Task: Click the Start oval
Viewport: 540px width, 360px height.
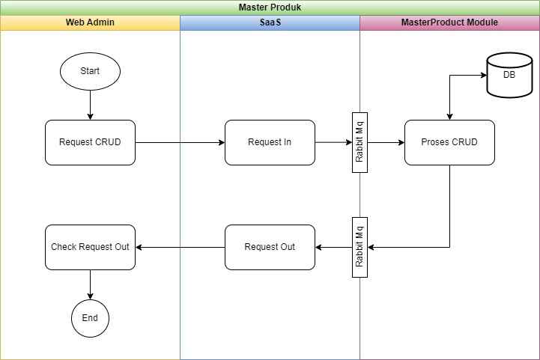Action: [x=90, y=71]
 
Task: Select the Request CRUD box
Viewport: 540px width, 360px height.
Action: [x=90, y=142]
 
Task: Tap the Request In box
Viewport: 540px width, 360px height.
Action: [x=270, y=142]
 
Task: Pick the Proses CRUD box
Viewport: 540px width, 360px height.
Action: [x=450, y=142]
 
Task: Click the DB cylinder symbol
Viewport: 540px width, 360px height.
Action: [x=510, y=75]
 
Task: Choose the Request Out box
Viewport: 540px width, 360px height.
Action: [x=270, y=247]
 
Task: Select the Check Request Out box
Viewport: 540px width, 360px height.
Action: [x=90, y=247]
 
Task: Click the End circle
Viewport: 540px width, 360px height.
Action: [x=90, y=318]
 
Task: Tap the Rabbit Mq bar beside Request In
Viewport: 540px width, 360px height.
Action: [x=360, y=142]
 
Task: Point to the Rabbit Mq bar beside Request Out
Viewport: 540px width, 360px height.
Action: [x=360, y=247]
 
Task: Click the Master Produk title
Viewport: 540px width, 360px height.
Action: [x=270, y=7]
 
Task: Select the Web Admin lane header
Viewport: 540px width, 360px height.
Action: [x=90, y=22]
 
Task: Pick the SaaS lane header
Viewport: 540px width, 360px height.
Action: [x=270, y=22]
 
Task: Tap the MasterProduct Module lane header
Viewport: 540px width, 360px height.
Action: [x=450, y=22]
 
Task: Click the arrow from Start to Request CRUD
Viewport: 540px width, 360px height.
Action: [x=90, y=105]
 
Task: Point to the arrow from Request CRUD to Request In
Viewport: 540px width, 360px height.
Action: [x=180, y=142]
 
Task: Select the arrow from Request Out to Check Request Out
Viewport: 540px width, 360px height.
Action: [x=180, y=247]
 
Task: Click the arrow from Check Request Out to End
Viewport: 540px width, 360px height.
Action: [x=90, y=284]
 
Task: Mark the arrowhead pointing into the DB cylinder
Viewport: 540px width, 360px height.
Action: [x=484, y=75]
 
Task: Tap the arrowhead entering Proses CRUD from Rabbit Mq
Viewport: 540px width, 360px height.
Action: [x=401, y=142]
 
